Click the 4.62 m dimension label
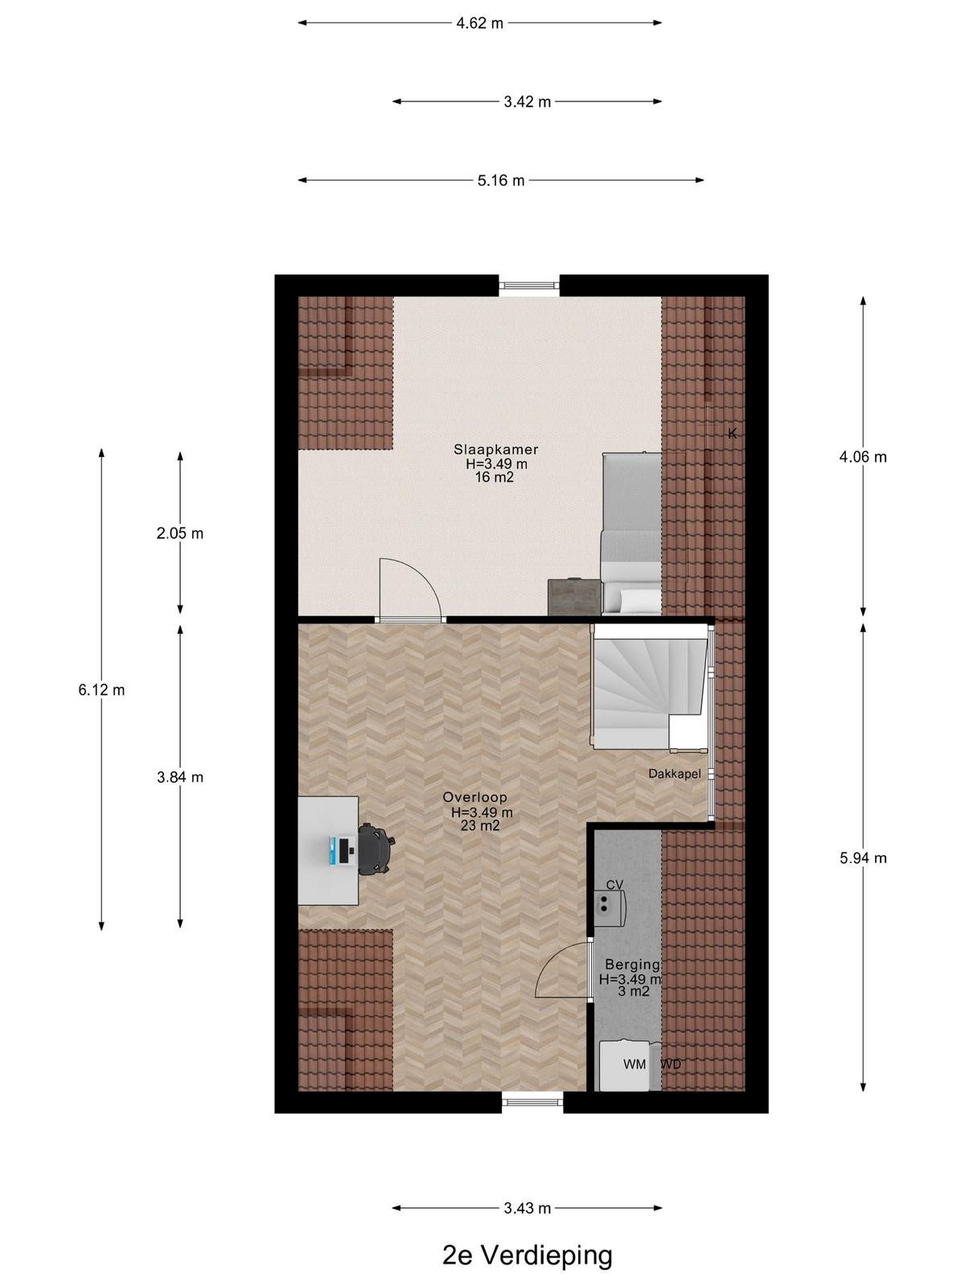(479, 23)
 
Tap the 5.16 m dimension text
(501, 181)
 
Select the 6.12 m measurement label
(101, 690)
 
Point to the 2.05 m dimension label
(180, 533)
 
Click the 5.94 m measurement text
(863, 858)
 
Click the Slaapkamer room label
(495, 450)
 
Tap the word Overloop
(474, 797)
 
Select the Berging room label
(633, 964)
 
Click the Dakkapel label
(675, 774)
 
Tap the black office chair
(376, 849)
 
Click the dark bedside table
(575, 597)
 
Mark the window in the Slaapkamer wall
(529, 286)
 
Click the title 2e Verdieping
(528, 1256)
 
